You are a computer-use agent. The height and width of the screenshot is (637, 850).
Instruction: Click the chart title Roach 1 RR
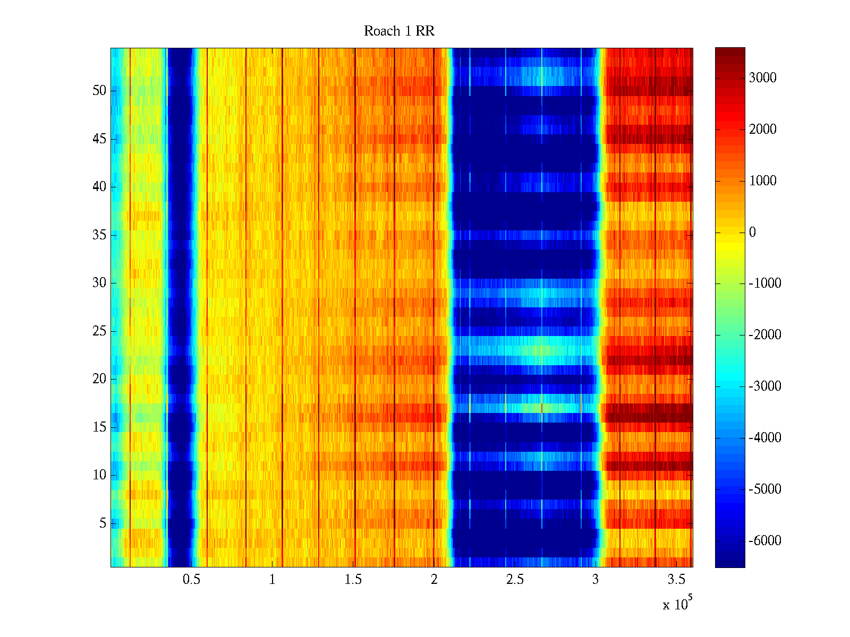tap(399, 31)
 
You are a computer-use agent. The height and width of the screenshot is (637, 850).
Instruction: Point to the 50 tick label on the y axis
tap(99, 91)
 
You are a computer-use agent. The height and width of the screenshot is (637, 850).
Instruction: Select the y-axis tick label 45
tap(99, 139)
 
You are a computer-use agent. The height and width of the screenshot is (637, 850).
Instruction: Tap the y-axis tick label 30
tap(99, 283)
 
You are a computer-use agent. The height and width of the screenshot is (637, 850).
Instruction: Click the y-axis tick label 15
tap(99, 427)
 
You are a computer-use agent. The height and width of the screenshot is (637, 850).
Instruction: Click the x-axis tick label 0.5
tap(191, 580)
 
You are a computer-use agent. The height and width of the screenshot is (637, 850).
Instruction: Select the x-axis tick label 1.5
tap(353, 580)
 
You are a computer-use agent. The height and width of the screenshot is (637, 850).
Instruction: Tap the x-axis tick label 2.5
tap(515, 580)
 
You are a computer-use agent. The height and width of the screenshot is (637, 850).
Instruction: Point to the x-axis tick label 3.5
tap(677, 580)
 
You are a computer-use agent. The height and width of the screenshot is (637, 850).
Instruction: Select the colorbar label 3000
tap(763, 78)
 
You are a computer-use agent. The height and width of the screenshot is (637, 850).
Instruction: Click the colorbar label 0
tap(752, 232)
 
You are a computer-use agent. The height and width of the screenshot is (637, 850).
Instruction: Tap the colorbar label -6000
tap(765, 541)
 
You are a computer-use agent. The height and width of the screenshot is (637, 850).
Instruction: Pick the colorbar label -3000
tap(765, 386)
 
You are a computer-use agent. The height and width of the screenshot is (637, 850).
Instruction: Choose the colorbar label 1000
tap(763, 181)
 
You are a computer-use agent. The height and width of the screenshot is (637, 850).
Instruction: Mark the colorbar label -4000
tap(765, 438)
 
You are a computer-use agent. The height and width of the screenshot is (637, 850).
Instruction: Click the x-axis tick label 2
tap(434, 580)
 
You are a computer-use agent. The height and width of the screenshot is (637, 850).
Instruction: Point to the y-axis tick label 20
tap(99, 379)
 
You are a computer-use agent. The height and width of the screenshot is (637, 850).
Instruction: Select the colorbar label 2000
tap(763, 130)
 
